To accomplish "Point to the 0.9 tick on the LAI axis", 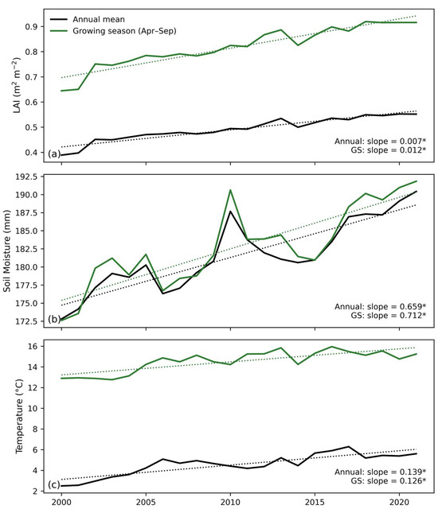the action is pos(32,26).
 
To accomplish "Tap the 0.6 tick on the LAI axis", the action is pos(32,102).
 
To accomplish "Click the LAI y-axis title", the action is pos(16,85).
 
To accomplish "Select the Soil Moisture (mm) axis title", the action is pos(7,251).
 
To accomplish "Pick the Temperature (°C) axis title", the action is pos(19,416).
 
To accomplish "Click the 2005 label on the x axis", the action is pos(146,502).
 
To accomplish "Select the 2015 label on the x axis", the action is pos(315,502).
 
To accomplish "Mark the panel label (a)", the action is pos(54,153).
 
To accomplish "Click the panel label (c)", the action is pos(54,484).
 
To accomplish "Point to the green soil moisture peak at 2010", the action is pos(230,190).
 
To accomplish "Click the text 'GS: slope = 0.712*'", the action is pos(389,315).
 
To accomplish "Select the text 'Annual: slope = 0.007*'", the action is pos(381,142).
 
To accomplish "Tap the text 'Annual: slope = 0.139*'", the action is pos(381,472).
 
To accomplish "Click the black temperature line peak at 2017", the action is pos(348,447).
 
